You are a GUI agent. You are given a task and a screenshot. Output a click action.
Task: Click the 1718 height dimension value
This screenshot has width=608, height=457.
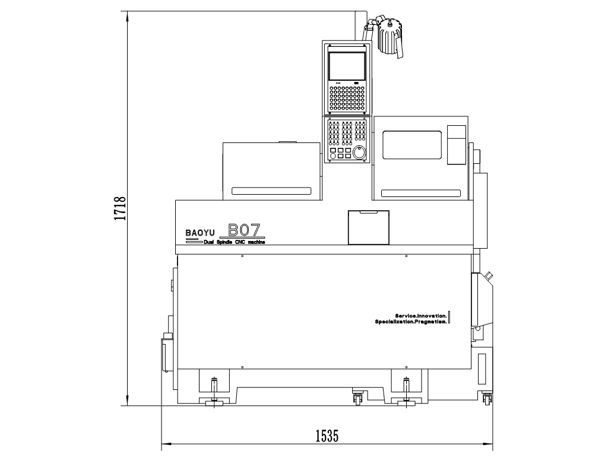tap(120, 208)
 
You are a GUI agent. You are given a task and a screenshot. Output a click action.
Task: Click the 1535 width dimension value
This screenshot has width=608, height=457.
tap(327, 436)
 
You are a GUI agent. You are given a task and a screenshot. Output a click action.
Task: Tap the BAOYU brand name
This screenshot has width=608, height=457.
tap(200, 233)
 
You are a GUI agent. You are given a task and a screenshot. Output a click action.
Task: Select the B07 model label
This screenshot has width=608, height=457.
tap(244, 230)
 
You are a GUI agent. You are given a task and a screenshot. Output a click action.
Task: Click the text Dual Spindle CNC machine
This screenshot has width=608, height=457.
tap(235, 242)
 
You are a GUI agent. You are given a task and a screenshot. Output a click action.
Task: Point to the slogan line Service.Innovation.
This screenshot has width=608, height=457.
tap(421, 316)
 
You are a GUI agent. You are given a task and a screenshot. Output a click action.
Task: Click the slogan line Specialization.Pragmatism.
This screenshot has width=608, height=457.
tap(411, 322)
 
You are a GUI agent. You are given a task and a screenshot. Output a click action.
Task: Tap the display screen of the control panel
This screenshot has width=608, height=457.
tap(347, 66)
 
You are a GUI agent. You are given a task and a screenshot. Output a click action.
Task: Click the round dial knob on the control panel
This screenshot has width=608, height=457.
tap(360, 153)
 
